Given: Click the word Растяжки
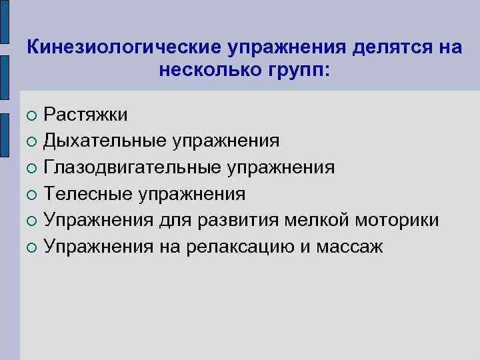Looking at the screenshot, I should click(x=86, y=115).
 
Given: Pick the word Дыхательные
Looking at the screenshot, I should click(x=106, y=141).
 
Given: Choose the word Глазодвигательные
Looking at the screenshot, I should click(x=133, y=167).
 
